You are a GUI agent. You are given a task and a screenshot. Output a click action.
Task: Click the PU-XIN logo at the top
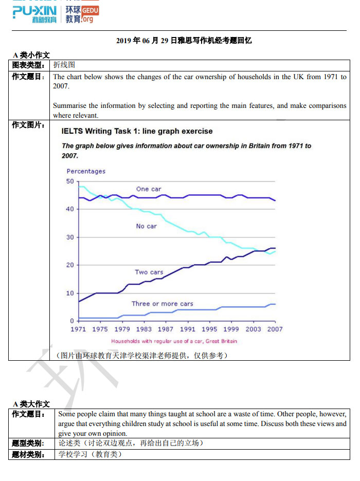coord(34,14)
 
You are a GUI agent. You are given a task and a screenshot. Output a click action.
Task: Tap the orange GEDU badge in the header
coord(90,10)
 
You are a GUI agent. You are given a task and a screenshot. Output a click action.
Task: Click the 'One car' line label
coord(149,189)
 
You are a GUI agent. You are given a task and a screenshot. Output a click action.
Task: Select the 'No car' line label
coord(147,226)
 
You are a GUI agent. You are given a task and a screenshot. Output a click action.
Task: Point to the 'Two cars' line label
coord(149,272)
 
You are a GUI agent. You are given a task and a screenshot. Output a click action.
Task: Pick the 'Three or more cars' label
coord(163,304)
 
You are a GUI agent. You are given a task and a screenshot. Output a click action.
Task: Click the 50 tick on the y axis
coord(70,181)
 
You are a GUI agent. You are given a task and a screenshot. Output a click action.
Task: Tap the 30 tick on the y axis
coord(70,237)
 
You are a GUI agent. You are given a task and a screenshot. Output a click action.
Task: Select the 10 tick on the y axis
coord(70,293)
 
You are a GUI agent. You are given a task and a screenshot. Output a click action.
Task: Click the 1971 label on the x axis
coord(78,329)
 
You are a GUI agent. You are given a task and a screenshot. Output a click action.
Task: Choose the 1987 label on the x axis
coord(166,329)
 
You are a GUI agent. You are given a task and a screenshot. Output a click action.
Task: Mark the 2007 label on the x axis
coord(275,329)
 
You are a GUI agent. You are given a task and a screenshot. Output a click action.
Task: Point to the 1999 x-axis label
coord(231,329)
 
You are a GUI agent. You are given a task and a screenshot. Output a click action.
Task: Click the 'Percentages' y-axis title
coord(86,171)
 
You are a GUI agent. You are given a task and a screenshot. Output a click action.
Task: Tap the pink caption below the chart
coord(174,341)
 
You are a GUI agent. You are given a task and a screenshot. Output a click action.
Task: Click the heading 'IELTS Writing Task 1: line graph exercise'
coord(137,131)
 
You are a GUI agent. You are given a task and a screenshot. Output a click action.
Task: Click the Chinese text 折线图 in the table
coord(64,65)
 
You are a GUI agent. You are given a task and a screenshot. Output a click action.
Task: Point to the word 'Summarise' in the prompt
coord(69,105)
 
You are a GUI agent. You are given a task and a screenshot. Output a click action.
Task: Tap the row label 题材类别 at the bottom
coord(28,454)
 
